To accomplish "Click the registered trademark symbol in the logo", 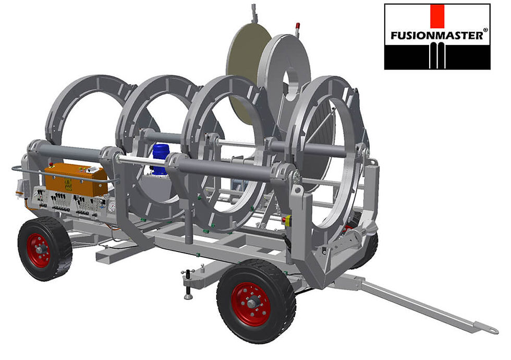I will tap(485, 30).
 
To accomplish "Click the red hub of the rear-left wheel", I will tap(40, 250).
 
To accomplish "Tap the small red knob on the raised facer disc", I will tap(298, 25).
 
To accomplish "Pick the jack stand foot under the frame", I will tap(188, 296).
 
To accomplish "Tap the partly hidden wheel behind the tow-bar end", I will tap(368, 250).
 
